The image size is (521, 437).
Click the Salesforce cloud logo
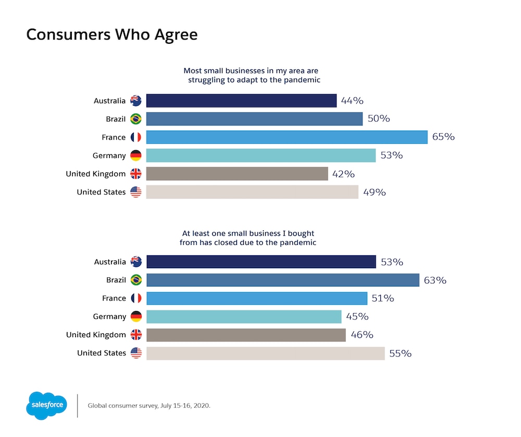pos(46,405)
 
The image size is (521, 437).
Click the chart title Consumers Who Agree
pos(111,34)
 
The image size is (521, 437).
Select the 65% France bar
pos(287,137)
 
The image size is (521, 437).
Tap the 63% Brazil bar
pos(282,280)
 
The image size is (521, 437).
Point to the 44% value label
pos(352,101)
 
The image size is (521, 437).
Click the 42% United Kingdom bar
pos(237,173)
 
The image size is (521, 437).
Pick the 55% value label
pos(400,353)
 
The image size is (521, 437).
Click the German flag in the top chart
pos(136,155)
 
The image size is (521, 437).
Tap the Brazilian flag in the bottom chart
pos(136,280)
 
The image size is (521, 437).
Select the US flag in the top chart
pos(136,192)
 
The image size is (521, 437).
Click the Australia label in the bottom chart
pos(110,262)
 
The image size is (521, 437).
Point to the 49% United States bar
pos(252,192)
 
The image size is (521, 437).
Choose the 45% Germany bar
pos(244,317)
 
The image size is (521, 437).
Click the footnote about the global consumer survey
pos(149,405)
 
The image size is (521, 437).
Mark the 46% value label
pos(362,335)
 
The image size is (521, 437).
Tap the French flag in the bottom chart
pos(136,298)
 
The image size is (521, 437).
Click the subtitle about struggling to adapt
pos(251,75)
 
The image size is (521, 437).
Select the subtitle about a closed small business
pos(248,238)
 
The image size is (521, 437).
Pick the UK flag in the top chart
pos(136,174)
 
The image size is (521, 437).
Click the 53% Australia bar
pos(261,262)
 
